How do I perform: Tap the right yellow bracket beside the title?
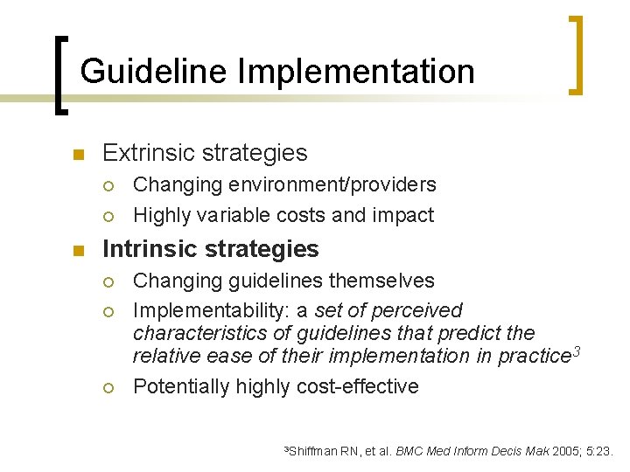tap(575, 54)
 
